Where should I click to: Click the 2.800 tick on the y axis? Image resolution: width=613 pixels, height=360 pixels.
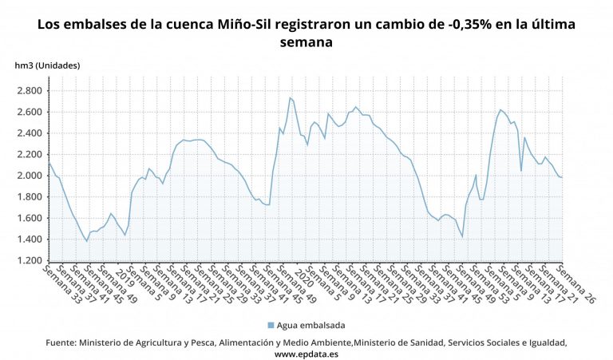(x=29, y=90)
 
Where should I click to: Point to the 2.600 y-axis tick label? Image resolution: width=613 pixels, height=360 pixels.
(x=29, y=112)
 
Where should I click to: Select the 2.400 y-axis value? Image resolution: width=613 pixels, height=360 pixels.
(x=29, y=133)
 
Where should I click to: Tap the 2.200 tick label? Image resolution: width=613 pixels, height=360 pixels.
(x=29, y=154)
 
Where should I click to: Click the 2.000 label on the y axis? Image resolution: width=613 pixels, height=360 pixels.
(x=29, y=176)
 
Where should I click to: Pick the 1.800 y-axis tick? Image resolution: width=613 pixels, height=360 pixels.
(x=29, y=197)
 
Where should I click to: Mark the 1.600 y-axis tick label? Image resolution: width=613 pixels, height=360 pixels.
(x=29, y=218)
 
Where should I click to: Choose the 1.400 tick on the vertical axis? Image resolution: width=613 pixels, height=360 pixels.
(x=29, y=239)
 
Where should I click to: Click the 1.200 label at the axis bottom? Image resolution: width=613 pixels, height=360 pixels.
(x=29, y=261)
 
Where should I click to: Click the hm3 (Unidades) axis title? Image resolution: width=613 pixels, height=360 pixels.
(x=47, y=65)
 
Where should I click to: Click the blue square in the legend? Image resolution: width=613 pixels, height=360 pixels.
(x=270, y=325)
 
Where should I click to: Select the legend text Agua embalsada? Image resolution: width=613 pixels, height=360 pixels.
(x=308, y=325)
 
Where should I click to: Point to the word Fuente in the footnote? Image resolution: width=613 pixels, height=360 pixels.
(x=61, y=342)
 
